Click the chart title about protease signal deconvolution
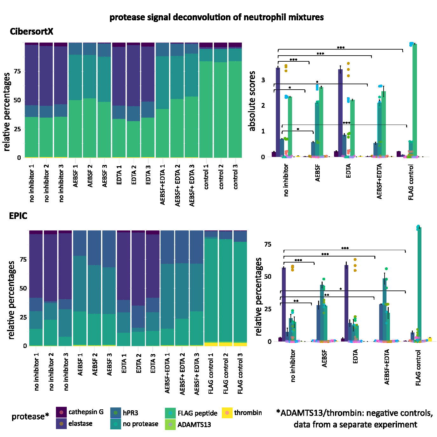(216, 17)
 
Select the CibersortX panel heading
(31, 31)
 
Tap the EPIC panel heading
(18, 216)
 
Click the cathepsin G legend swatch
(61, 412)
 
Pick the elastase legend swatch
(61, 424)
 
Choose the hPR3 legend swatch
(116, 413)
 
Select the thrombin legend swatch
(227, 413)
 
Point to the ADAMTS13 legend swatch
(171, 424)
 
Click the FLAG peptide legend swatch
(171, 413)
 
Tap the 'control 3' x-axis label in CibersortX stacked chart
(236, 177)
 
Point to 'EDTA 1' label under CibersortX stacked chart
(119, 174)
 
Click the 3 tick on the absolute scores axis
(263, 80)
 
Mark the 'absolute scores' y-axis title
(252, 101)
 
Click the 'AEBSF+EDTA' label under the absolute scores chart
(379, 181)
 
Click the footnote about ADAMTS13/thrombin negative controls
(355, 419)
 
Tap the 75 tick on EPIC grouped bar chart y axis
(268, 244)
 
